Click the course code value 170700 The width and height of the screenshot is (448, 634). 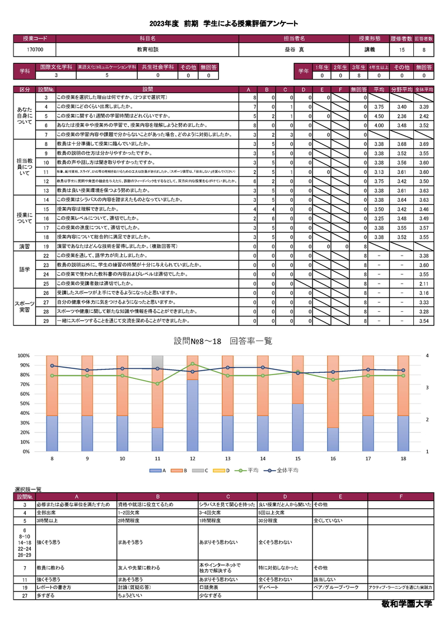click(x=35, y=50)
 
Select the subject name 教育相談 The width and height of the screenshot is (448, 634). click(x=147, y=50)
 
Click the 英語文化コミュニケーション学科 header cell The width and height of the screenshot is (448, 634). click(x=107, y=67)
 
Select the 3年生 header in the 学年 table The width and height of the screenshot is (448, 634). click(x=358, y=67)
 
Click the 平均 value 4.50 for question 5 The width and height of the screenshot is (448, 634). click(x=378, y=116)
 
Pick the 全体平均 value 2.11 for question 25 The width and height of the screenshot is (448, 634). click(x=423, y=284)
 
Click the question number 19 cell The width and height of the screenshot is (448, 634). click(x=46, y=246)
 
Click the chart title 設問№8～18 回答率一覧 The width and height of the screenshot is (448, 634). click(x=223, y=341)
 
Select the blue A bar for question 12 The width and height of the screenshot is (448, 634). click(x=193, y=415)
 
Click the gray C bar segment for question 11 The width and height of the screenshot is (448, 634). click(x=158, y=361)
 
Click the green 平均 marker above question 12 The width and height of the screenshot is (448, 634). click(x=193, y=364)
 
